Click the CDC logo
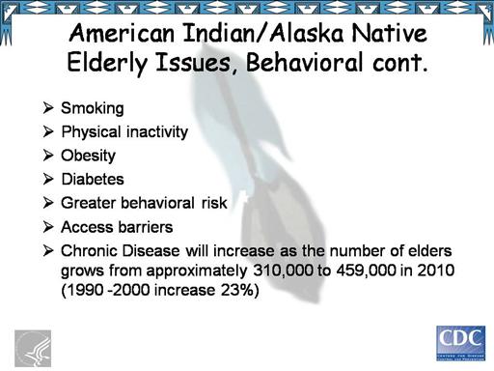[461, 343]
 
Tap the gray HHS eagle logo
[33, 349]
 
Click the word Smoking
[93, 108]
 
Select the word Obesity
[88, 157]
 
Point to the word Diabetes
[93, 180]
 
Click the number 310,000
[283, 271]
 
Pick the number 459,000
[366, 271]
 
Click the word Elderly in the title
[107, 63]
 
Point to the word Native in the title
[389, 33]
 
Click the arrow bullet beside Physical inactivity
[48, 131]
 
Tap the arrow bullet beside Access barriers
[48, 227]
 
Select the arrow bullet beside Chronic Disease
[48, 250]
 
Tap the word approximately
[197, 271]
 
